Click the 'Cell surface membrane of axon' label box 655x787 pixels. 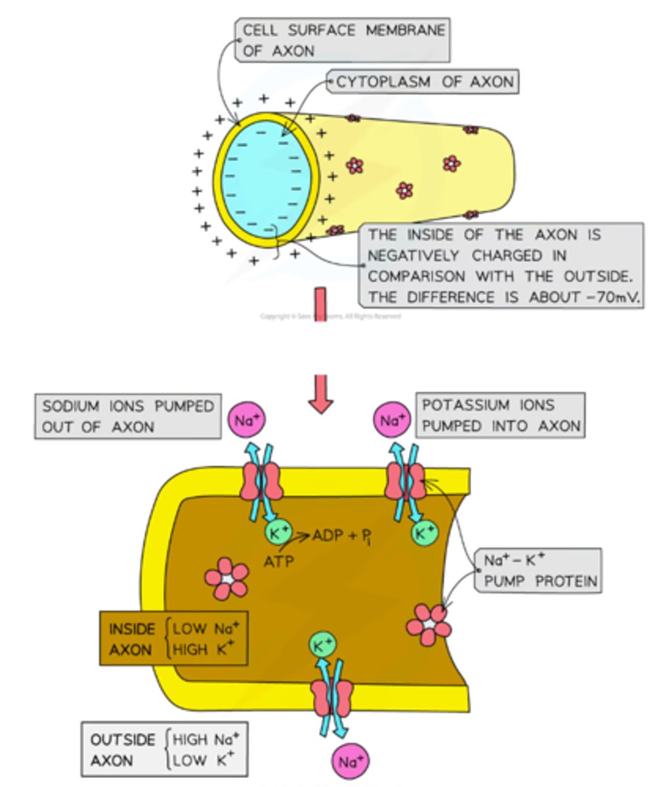pos(343,40)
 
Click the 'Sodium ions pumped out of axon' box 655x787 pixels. pos(127,416)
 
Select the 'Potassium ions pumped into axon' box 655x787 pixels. pos(501,415)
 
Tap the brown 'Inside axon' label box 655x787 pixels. pos(173,639)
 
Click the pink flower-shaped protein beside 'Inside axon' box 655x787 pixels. pos(226,578)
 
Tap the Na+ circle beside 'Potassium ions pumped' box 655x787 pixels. pos(392,421)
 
